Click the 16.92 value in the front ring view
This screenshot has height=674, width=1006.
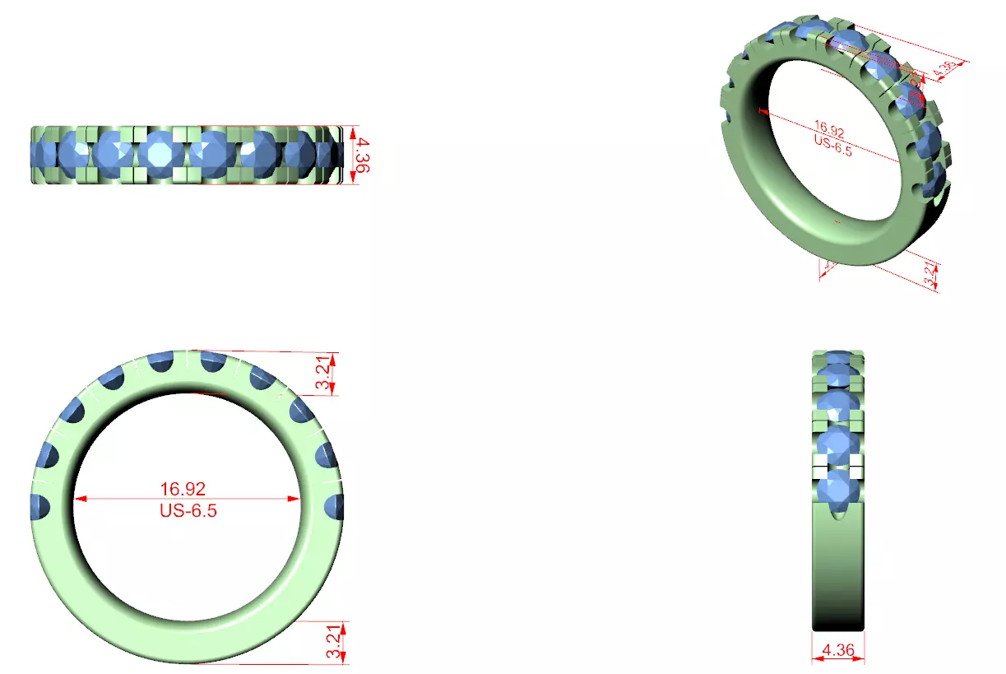click(x=182, y=489)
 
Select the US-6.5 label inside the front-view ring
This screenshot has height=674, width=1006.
click(x=188, y=510)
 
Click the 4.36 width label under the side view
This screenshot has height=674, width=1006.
click(x=838, y=649)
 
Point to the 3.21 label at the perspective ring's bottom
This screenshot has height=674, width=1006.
click(x=930, y=274)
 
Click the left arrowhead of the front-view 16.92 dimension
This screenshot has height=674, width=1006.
click(x=80, y=499)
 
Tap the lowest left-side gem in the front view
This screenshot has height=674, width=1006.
click(x=39, y=506)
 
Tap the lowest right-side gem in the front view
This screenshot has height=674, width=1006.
click(x=335, y=506)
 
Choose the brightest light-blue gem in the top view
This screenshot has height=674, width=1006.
click(x=160, y=154)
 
